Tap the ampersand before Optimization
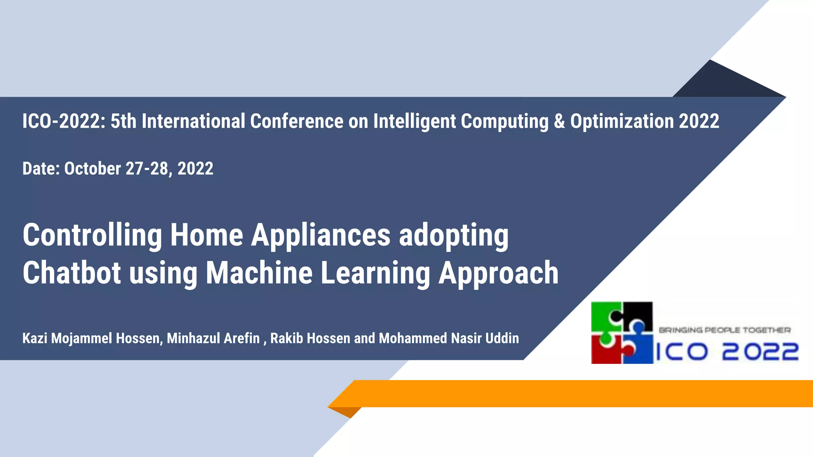(559, 121)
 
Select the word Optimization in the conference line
(622, 121)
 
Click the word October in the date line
(92, 169)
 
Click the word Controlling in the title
(92, 235)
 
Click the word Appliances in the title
(321, 235)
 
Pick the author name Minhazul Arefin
(213, 338)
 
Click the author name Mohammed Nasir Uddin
(449, 338)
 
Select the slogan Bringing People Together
(724, 330)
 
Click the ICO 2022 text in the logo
(726, 352)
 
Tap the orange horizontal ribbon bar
(576, 394)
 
